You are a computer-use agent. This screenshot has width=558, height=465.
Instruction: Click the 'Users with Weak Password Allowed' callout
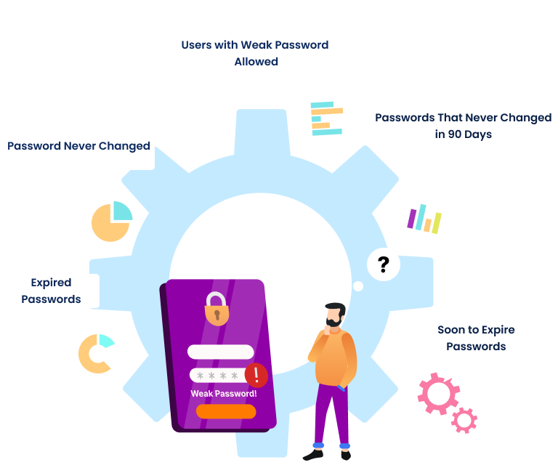coord(254,53)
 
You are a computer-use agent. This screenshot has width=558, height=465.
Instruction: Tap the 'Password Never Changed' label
coord(78,145)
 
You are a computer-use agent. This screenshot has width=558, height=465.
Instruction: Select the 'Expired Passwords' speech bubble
coord(51,290)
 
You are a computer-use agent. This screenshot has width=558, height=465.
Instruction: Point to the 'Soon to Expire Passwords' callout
coord(477,338)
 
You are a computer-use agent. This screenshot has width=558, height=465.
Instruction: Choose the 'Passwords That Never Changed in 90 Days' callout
coord(463,126)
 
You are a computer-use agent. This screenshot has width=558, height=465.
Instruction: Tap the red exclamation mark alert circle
coord(256,375)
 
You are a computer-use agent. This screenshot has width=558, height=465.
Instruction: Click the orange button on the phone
coord(226,411)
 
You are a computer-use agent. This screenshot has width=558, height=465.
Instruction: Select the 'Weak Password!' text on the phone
coord(224,393)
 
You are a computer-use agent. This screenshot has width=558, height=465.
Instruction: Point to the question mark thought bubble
coord(384,265)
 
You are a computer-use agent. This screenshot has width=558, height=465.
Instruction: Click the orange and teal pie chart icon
coord(111,221)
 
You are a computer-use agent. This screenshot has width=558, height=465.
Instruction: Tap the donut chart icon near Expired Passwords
coord(97,353)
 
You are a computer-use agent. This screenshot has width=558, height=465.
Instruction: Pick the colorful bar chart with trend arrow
coord(425,211)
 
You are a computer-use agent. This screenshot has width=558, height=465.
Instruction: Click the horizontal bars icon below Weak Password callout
coord(325,118)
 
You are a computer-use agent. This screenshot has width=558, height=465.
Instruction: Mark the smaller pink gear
coord(464,419)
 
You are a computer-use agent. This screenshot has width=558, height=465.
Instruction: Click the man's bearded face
coord(334,315)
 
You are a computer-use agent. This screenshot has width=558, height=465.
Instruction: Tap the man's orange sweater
coord(335,357)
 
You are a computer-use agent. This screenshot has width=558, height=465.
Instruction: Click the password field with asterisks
coord(217,375)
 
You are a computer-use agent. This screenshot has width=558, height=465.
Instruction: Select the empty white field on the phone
coord(221,352)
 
